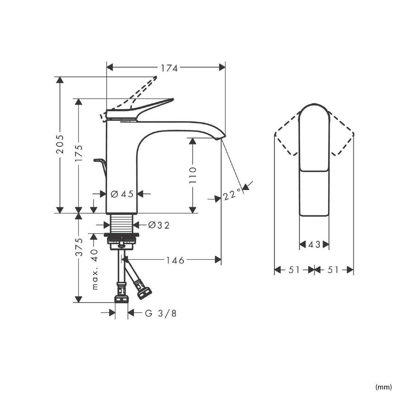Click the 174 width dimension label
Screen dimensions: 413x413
coord(169,68)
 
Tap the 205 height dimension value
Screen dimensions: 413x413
coord(60,144)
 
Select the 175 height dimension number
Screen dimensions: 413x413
coord(79,153)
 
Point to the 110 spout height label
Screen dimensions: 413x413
coord(193,175)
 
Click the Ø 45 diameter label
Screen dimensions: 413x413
coord(122,194)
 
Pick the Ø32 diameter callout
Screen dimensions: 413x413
coord(159,225)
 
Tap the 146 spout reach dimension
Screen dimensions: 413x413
coord(175,260)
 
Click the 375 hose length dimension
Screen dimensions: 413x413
coord(79,247)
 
